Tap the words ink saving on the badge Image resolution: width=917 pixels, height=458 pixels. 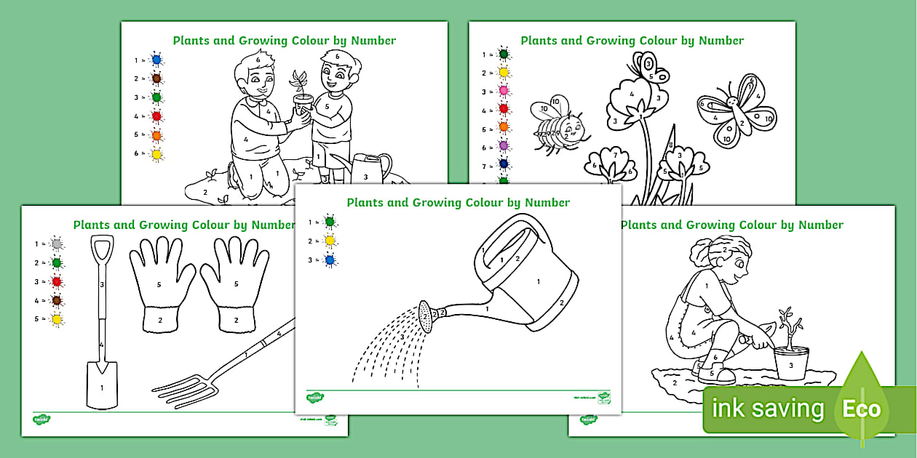pyautogui.click(x=767, y=409)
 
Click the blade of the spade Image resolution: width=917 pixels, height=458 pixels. pyautogui.click(x=101, y=385)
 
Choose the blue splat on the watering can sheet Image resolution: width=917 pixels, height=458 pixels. pyautogui.click(x=330, y=260)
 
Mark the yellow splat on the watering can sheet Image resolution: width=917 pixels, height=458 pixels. pyautogui.click(x=330, y=241)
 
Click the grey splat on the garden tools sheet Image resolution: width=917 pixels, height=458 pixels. pyautogui.click(x=56, y=244)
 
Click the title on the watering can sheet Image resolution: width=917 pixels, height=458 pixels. pyautogui.click(x=458, y=203)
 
